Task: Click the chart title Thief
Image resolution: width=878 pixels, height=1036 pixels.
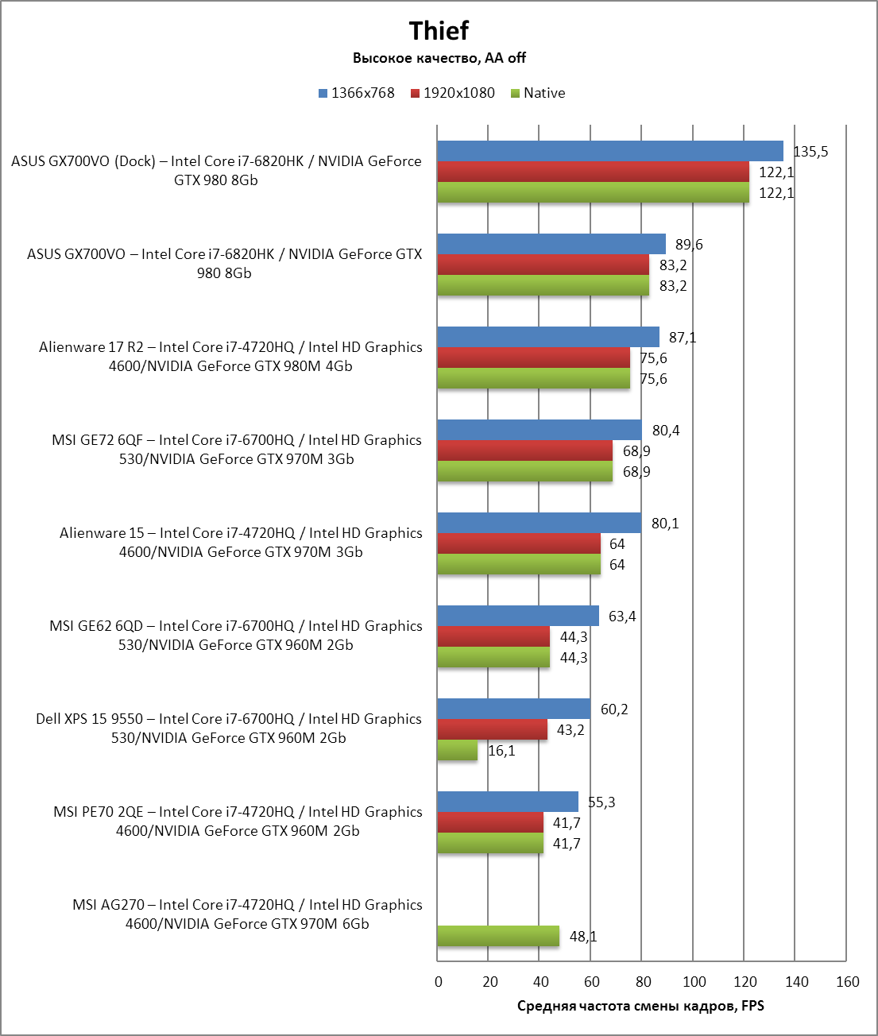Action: click(439, 31)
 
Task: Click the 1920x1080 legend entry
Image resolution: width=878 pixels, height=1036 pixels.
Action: click(452, 93)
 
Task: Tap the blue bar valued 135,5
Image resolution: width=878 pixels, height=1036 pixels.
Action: click(609, 151)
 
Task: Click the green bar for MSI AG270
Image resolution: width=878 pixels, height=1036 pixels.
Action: click(498, 936)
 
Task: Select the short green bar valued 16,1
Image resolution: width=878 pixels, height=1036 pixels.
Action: click(458, 750)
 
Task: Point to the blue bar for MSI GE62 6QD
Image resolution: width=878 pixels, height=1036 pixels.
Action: click(518, 616)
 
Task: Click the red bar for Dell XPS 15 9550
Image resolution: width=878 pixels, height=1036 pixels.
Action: click(493, 729)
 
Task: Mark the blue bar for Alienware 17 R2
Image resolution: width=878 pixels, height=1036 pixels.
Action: click(548, 337)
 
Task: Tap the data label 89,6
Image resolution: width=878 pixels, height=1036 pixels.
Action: click(689, 245)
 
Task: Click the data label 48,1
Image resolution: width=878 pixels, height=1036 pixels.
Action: click(583, 937)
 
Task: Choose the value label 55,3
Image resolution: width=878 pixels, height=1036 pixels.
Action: click(601, 802)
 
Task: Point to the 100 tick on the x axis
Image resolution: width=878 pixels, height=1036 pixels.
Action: click(694, 982)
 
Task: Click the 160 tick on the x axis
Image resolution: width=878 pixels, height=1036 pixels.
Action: click(847, 982)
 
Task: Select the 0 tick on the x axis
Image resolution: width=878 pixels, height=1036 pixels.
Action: click(439, 982)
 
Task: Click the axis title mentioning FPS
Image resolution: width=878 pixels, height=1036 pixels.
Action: click(640, 1006)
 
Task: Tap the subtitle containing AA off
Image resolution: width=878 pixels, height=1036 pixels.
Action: click(439, 58)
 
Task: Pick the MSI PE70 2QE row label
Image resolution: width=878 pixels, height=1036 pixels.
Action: click(238, 821)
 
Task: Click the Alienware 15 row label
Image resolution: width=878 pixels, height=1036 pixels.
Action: click(241, 543)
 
